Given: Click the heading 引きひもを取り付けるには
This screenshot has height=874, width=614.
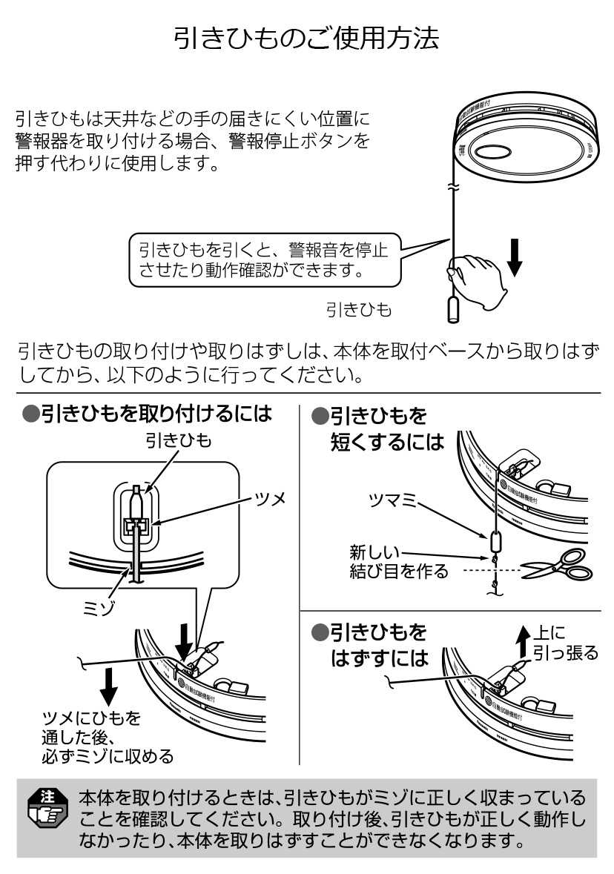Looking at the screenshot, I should click(146, 414).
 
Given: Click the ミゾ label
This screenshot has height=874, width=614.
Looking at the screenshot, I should click(97, 606).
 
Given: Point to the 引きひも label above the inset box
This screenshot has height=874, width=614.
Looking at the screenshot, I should click(178, 441).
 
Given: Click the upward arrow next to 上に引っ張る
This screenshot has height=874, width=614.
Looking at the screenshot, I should click(524, 640).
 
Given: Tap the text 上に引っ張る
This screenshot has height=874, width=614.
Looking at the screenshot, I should click(566, 643).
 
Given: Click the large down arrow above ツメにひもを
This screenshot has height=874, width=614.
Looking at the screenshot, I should click(109, 683).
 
